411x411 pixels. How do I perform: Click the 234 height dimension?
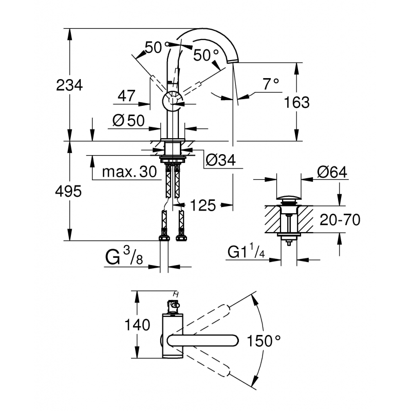(x=69, y=85)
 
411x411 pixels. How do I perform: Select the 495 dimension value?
(x=69, y=192)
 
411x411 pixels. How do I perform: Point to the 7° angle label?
(x=270, y=83)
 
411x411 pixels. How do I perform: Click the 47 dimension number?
(x=126, y=96)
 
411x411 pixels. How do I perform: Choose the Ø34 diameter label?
(x=220, y=161)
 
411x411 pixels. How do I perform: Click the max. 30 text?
(x=129, y=172)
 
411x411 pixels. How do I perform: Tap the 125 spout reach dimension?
(x=203, y=206)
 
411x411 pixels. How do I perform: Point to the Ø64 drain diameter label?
(x=332, y=172)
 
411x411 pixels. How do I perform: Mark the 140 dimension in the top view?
(x=137, y=325)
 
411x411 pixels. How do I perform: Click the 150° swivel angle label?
(x=264, y=340)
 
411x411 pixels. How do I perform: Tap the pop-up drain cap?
(x=289, y=197)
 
